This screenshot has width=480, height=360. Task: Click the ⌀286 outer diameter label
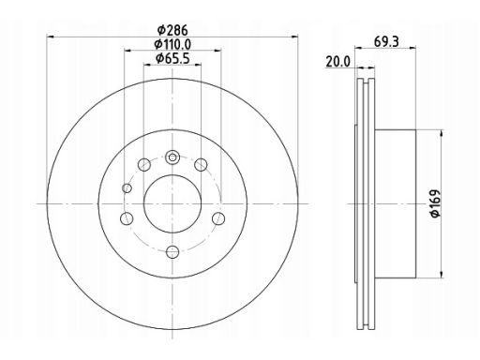pyautogui.click(x=172, y=30)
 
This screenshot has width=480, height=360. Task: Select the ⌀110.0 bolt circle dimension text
pyautogui.click(x=172, y=44)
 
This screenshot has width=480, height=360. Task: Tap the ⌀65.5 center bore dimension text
pyautogui.click(x=172, y=58)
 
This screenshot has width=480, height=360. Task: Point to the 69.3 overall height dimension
pyautogui.click(x=386, y=41)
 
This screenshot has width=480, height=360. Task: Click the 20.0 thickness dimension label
pyautogui.click(x=338, y=62)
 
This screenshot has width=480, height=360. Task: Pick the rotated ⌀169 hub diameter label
pyautogui.click(x=435, y=203)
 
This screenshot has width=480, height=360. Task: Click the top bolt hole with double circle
pyautogui.click(x=172, y=157)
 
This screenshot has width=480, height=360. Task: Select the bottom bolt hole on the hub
pyautogui.click(x=172, y=252)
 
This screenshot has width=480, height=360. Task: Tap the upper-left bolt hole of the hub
pyautogui.click(x=144, y=164)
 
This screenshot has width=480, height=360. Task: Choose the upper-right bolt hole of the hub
pyautogui.click(x=201, y=164)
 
